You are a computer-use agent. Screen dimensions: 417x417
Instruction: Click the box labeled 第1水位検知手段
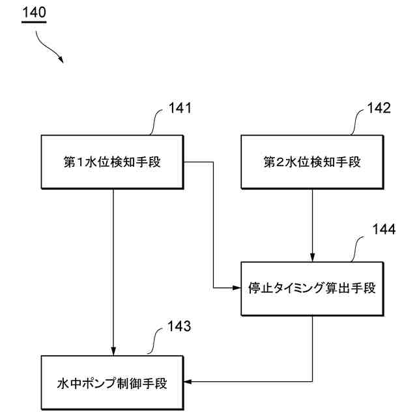click(x=112, y=162)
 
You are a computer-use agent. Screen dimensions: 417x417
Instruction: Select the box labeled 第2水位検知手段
click(x=312, y=162)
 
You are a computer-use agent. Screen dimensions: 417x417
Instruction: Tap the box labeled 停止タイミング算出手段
click(x=312, y=288)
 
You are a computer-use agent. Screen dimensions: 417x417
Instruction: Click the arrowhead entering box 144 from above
click(x=313, y=257)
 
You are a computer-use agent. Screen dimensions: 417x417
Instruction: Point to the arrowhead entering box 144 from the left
click(x=237, y=288)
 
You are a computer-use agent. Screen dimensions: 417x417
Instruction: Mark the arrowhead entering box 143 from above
click(x=113, y=351)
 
